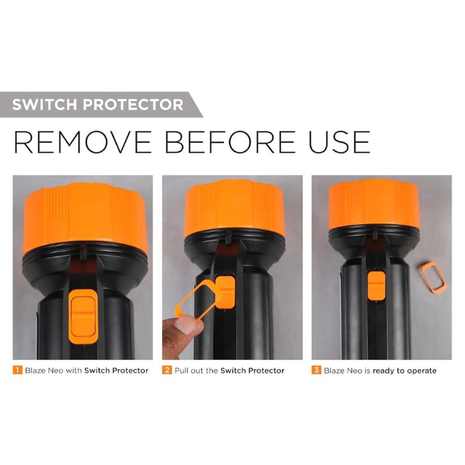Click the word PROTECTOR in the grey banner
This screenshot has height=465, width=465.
[x=133, y=105]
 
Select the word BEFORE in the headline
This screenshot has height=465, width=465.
[x=230, y=142]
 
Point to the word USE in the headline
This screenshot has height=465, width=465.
[x=339, y=142]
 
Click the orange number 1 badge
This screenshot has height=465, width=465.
[x=17, y=370]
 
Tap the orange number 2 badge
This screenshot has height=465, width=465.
[x=167, y=370]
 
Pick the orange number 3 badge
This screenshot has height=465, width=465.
[x=316, y=370]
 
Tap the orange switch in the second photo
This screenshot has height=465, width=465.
[x=226, y=292]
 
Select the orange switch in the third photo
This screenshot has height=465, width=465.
[x=376, y=287]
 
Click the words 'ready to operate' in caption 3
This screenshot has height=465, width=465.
[x=405, y=371]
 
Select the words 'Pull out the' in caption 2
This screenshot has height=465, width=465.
[x=196, y=370]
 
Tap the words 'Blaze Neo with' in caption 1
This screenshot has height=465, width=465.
[x=53, y=370]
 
